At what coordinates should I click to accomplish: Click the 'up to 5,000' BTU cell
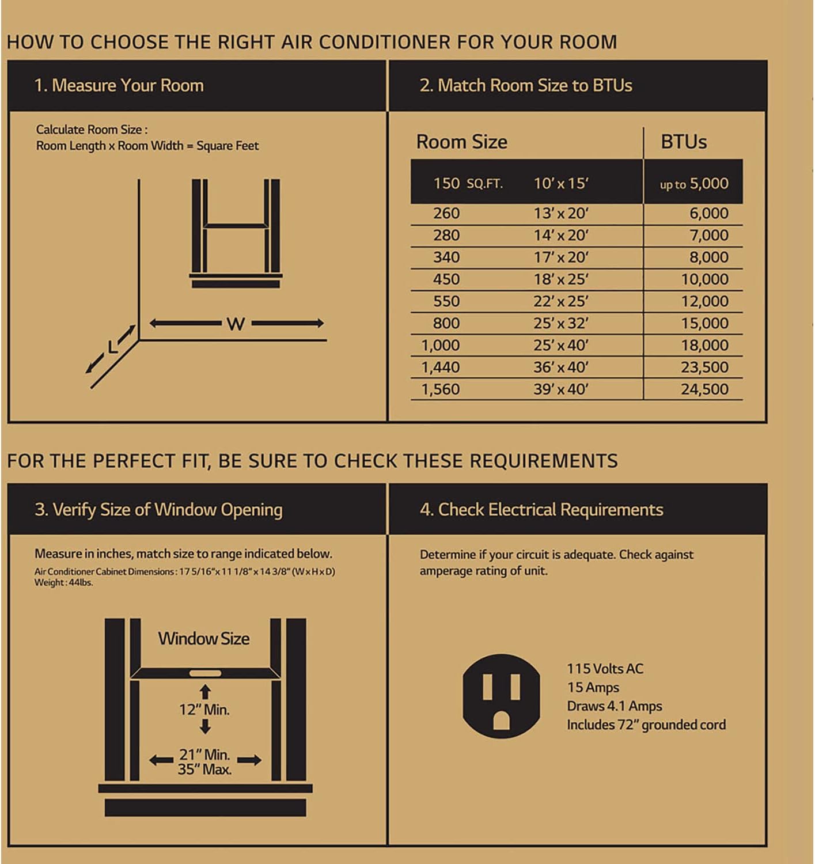click(x=693, y=184)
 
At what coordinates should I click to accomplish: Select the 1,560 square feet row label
click(x=441, y=389)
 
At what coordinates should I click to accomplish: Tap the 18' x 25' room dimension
click(x=560, y=279)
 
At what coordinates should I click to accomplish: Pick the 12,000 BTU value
click(x=704, y=301)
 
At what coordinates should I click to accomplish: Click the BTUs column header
click(x=683, y=142)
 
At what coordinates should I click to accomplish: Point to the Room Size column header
click(x=461, y=142)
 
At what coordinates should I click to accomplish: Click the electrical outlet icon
click(x=501, y=696)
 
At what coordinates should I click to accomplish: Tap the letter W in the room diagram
click(x=236, y=324)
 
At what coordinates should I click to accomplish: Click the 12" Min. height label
click(x=204, y=710)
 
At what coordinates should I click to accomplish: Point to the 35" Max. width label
click(x=204, y=770)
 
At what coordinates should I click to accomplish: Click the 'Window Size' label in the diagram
click(x=204, y=638)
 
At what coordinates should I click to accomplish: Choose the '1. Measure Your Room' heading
click(x=119, y=85)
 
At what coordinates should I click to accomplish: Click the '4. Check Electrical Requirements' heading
click(x=541, y=510)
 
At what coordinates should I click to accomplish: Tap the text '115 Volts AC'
click(x=605, y=669)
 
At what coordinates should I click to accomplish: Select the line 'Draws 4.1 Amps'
click(x=614, y=706)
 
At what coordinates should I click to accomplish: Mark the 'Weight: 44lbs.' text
click(x=63, y=582)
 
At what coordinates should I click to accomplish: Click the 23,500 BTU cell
click(x=704, y=367)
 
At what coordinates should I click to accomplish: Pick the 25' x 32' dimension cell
click(x=560, y=323)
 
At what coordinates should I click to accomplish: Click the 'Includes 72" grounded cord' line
click(x=646, y=725)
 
